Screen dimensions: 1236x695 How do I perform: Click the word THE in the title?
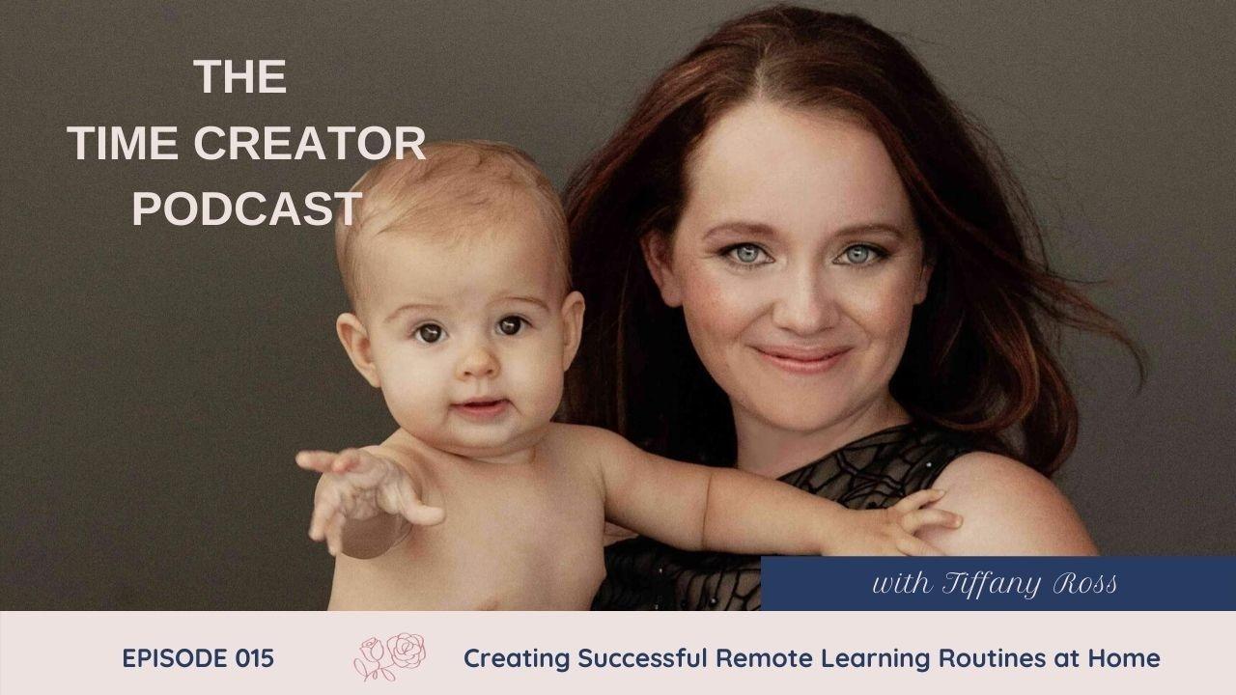coord(240,76)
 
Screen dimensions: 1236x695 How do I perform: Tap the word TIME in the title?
coord(123,143)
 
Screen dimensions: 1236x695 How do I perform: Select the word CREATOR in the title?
coord(310,143)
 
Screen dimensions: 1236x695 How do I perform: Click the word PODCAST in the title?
coord(246,208)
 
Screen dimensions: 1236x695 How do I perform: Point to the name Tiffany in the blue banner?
coord(991,584)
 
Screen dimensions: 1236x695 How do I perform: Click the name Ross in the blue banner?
coord(1084,584)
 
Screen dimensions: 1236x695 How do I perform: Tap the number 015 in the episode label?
coord(254,658)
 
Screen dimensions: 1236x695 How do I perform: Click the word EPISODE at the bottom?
coord(175,658)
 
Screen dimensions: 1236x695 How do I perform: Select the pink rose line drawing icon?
coord(389,656)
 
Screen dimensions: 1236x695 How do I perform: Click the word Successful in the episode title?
coord(642,658)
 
